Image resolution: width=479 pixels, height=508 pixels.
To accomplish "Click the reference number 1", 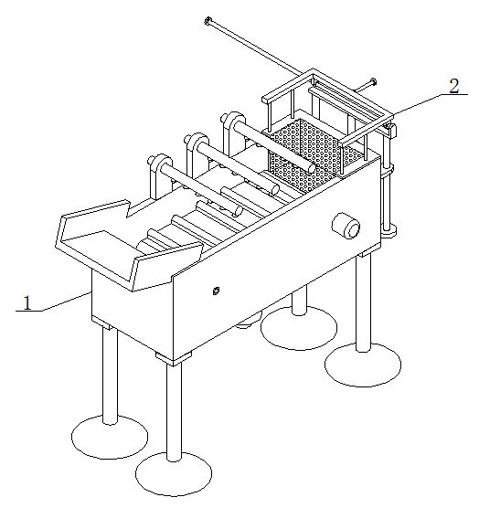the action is point(27,302).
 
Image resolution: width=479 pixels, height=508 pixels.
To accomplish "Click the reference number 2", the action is point(454,86).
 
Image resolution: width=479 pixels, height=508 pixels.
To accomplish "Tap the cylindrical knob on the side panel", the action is point(346,226).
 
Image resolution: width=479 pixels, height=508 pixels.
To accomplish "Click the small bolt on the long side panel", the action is point(216,291).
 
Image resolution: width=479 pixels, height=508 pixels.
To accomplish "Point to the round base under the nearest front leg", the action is point(174,474).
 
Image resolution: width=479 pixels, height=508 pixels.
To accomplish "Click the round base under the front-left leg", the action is point(110,437).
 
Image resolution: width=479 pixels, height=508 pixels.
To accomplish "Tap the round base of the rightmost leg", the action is point(363,365).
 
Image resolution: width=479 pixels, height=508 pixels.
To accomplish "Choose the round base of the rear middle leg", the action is point(299,328).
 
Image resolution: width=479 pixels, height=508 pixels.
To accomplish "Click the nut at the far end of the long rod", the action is point(208,21).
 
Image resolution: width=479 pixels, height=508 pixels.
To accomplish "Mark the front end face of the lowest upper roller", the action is point(239,211).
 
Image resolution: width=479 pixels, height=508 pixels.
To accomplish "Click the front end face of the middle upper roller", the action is point(275,189).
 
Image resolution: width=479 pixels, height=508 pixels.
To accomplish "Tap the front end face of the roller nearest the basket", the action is point(312,168).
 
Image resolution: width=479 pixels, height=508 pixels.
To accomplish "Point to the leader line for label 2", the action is point(430,104).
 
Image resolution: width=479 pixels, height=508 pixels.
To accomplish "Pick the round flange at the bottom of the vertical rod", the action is point(388,230).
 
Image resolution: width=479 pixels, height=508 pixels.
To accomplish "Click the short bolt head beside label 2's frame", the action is point(373,82).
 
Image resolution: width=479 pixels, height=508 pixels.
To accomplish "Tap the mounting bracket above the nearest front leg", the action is point(174,357).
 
